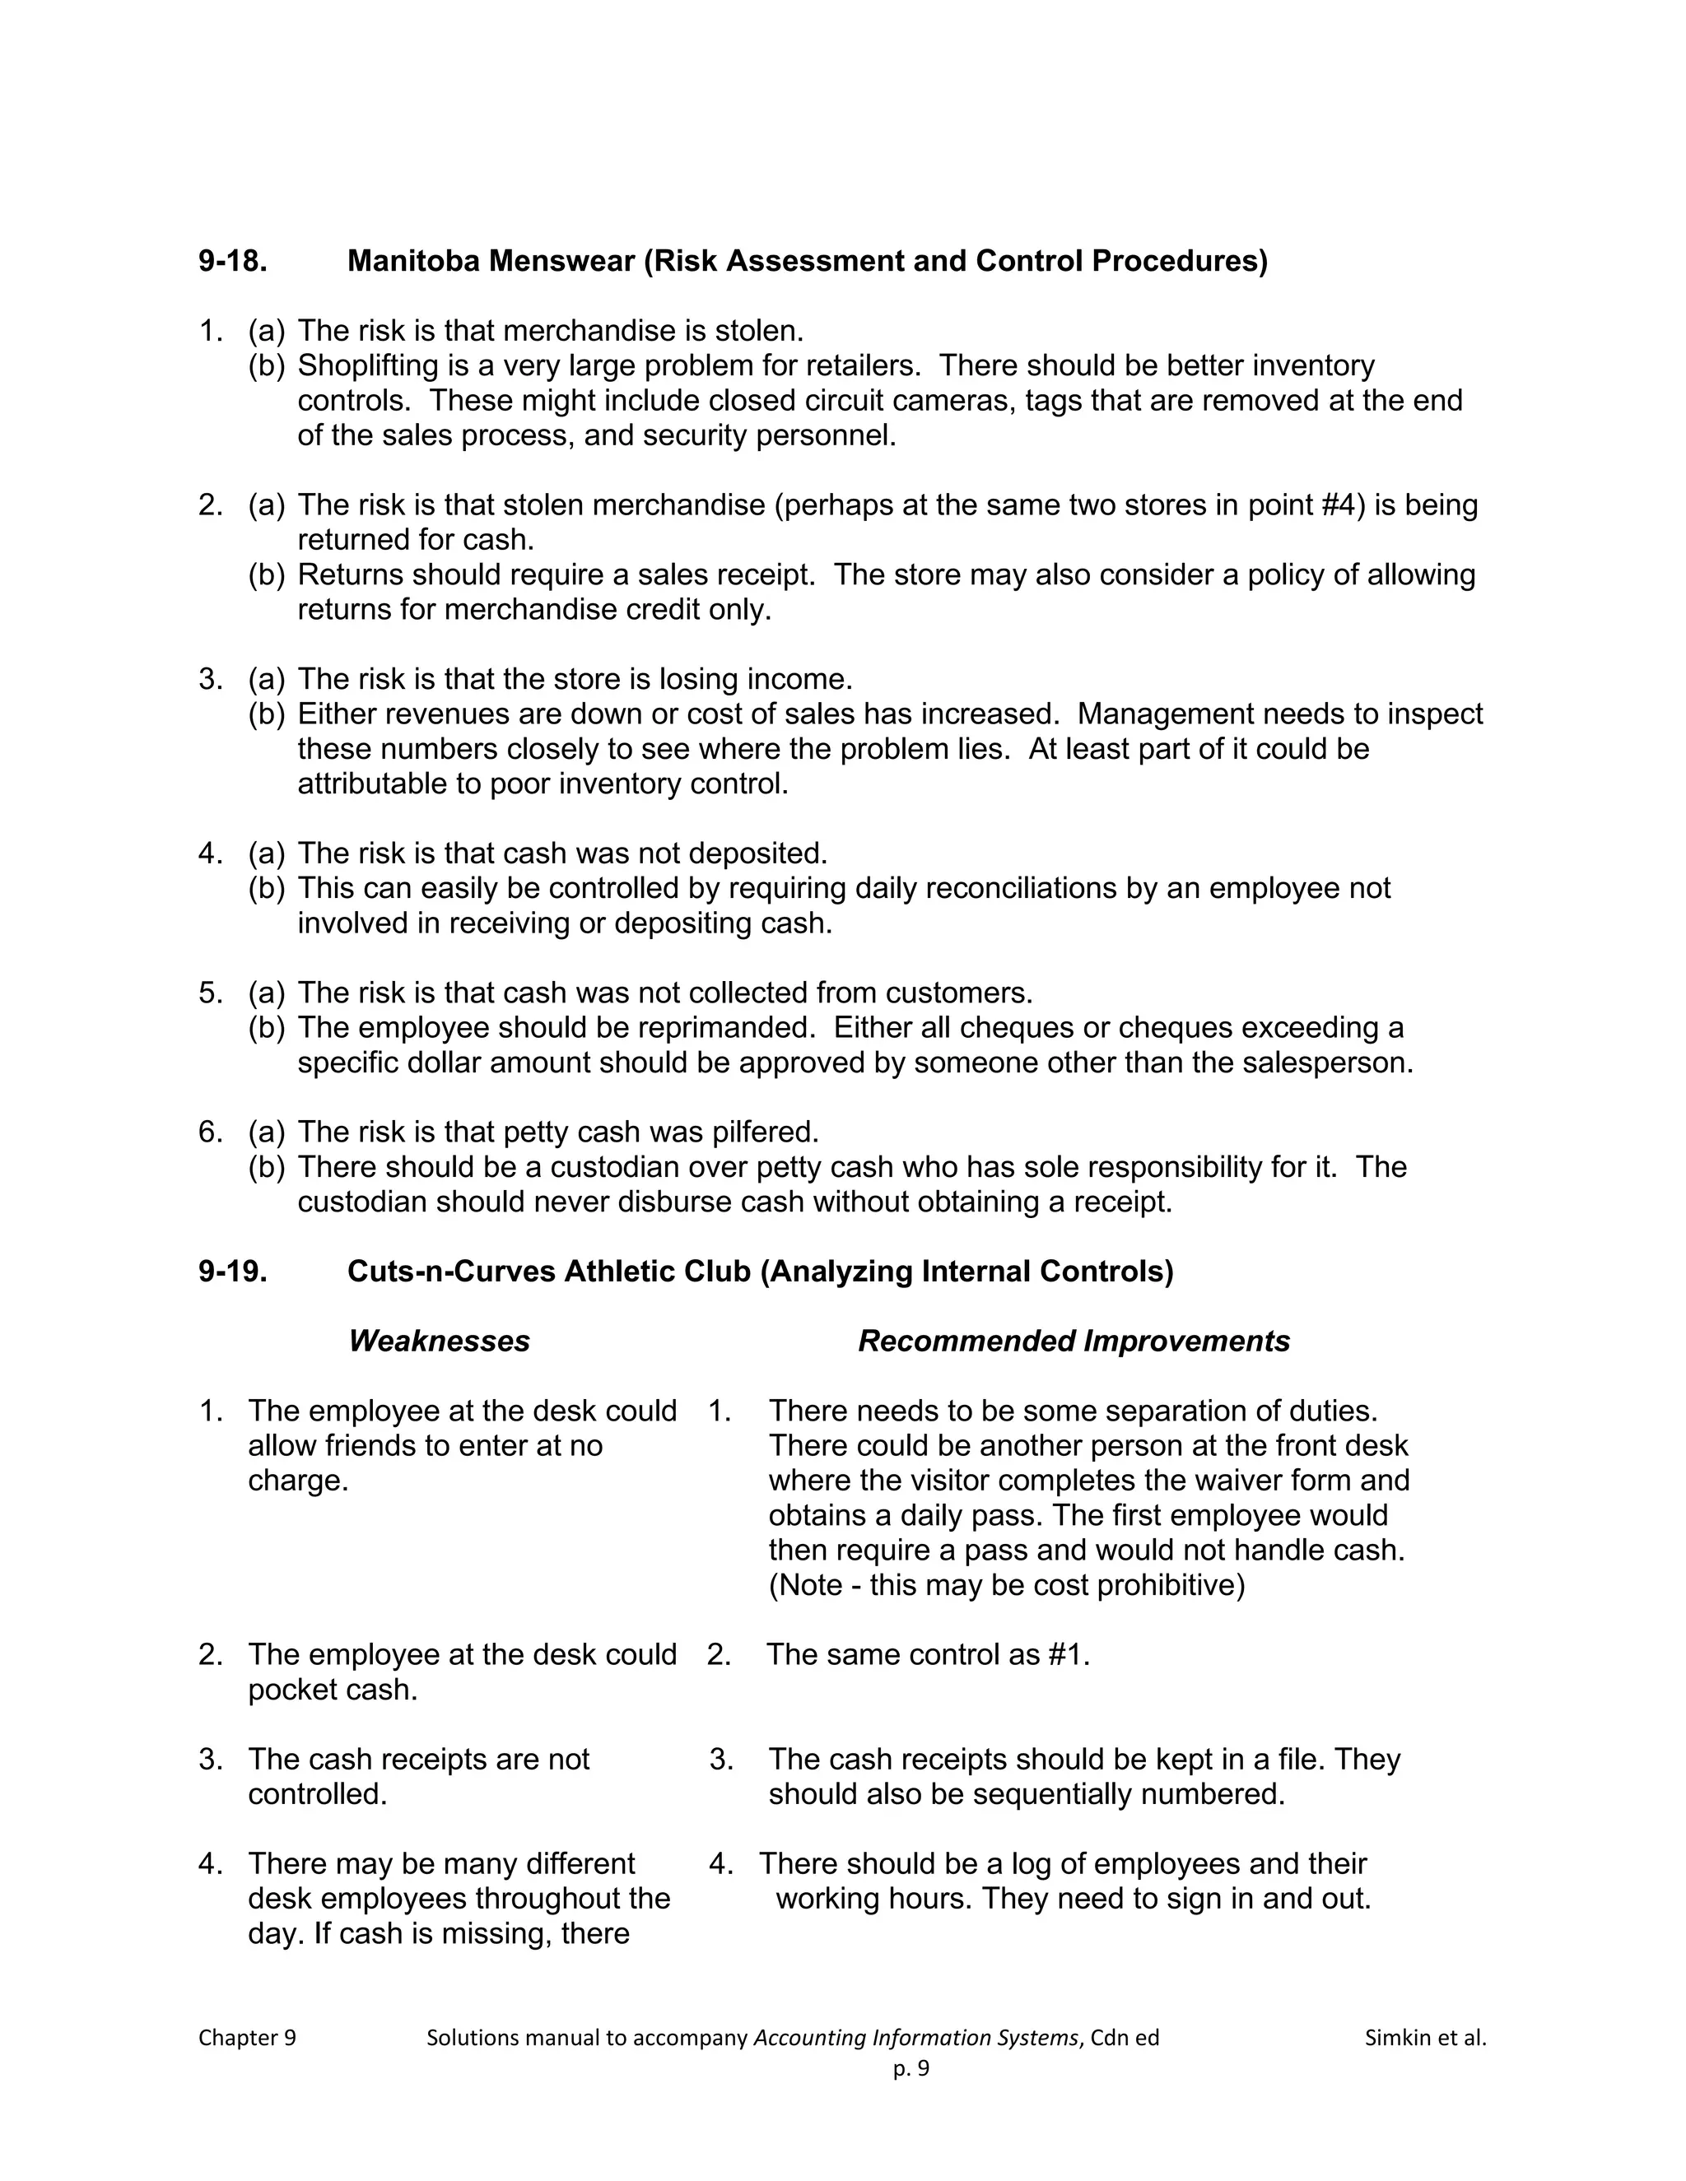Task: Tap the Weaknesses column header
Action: [x=439, y=1342]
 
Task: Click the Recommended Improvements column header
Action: [x=1074, y=1342]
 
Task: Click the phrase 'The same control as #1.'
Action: [x=928, y=1655]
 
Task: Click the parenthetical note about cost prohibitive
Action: [x=1007, y=1585]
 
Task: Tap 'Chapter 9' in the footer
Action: [x=247, y=2038]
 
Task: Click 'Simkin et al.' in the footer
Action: [x=1425, y=2038]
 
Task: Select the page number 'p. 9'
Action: [x=911, y=2068]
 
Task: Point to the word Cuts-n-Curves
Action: [x=450, y=1272]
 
